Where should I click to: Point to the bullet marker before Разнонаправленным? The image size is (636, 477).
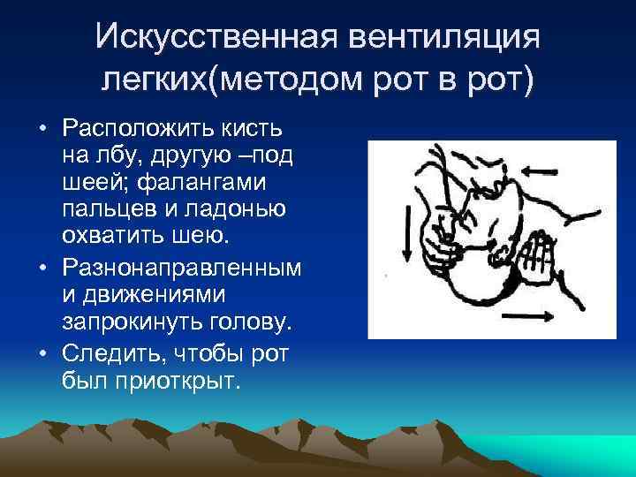[42, 266]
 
